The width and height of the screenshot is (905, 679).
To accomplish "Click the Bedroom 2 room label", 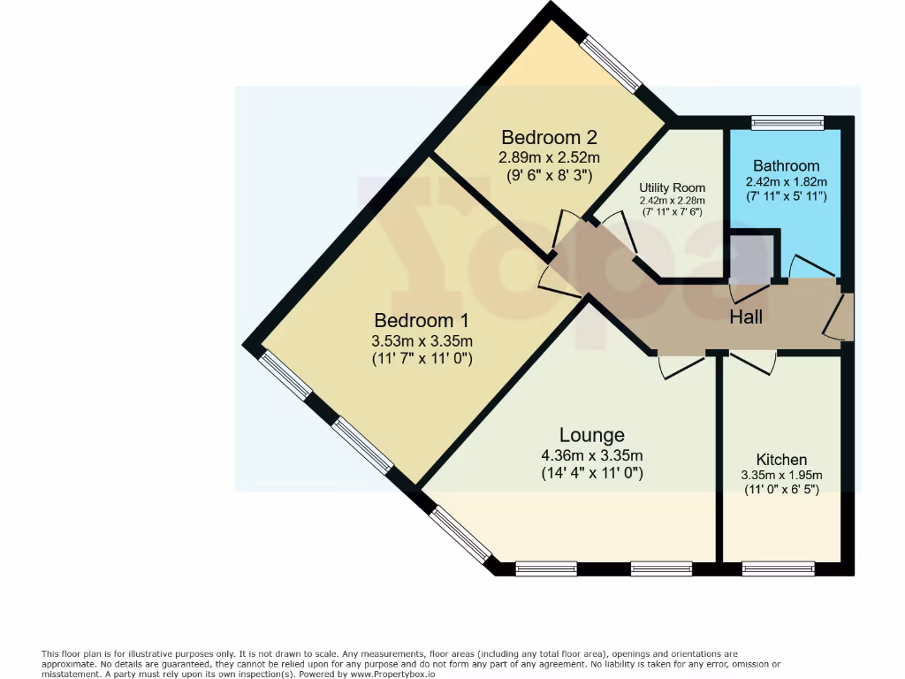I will coord(549,137).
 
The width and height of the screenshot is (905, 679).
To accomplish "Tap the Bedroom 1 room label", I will coord(422,320).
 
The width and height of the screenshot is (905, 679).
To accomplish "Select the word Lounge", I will coord(591,435).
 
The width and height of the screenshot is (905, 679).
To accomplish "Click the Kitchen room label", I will coord(781,460).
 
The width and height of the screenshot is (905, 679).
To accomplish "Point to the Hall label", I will coord(745,317).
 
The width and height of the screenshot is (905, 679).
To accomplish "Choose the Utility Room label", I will coord(673,187).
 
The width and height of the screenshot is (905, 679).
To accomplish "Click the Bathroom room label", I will coord(786,165).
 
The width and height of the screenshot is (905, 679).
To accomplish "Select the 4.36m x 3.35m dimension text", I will coord(591,455).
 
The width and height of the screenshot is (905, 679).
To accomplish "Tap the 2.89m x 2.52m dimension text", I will coord(549,157).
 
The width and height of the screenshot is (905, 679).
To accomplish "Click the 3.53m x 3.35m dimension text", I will coord(422,341).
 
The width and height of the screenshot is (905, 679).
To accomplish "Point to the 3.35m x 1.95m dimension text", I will coord(781,475).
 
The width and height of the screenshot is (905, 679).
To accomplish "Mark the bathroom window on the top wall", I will coord(787,122).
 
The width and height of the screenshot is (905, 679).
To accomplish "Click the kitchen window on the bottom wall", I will coord(778,568).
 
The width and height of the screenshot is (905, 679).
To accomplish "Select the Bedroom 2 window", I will coord(611,64).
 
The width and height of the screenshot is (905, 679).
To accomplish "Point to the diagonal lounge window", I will coord(460,533).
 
